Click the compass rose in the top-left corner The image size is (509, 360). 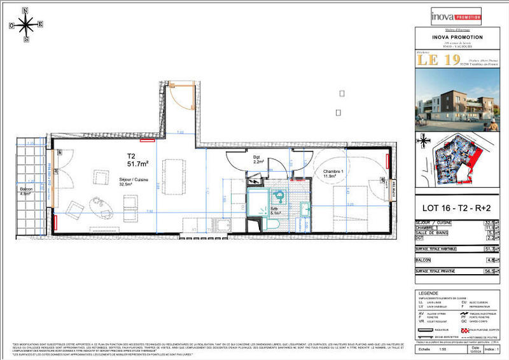[x=26, y=25]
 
